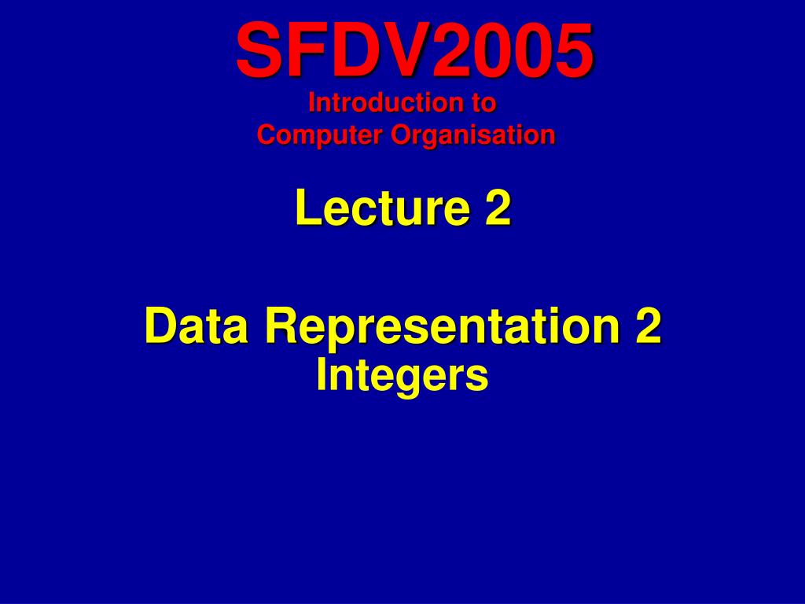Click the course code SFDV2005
tap(415, 50)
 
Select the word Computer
tap(320, 135)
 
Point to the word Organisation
tap(472, 135)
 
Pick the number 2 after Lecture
tap(498, 207)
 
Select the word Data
tap(196, 326)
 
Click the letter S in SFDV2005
tap(257, 50)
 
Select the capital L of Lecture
tap(309, 207)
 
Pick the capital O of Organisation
tap(402, 134)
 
